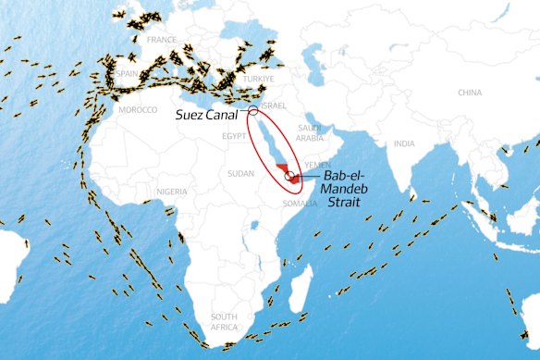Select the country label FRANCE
(162, 41)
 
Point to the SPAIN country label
(128, 73)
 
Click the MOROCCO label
(139, 109)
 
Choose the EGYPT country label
(235, 136)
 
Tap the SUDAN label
(240, 173)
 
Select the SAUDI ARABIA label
(309, 132)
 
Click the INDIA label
(404, 144)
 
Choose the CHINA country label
(470, 93)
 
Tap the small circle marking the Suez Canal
(253, 113)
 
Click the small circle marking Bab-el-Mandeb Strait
(290, 175)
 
